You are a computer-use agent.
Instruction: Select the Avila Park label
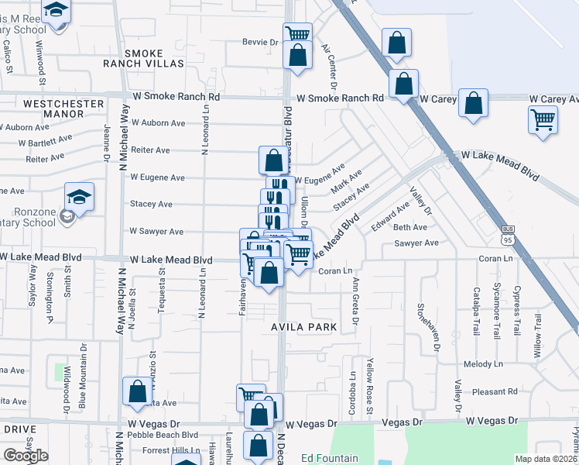pos(303,327)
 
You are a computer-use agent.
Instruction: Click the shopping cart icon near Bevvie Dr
pos(297,34)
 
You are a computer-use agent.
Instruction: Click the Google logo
pos(26,455)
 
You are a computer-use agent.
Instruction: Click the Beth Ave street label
pos(410,228)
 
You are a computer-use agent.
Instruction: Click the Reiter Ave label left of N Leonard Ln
pos(151,150)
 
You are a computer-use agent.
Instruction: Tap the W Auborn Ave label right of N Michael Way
pos(158,122)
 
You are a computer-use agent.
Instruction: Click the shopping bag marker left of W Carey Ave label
pos(473,102)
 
